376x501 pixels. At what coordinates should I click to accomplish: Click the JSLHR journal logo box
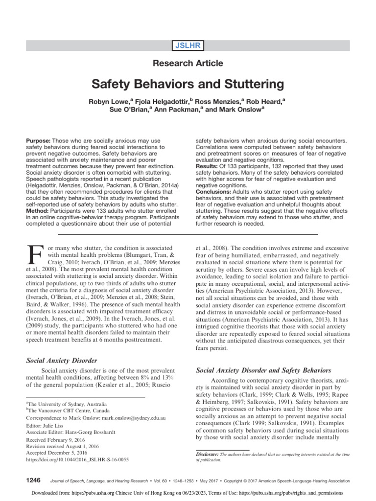(x=188, y=46)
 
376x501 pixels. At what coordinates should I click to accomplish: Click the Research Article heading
(x=188, y=63)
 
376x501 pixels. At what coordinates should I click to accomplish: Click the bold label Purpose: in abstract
(x=38, y=140)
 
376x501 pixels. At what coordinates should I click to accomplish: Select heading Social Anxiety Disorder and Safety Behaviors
(x=263, y=370)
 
